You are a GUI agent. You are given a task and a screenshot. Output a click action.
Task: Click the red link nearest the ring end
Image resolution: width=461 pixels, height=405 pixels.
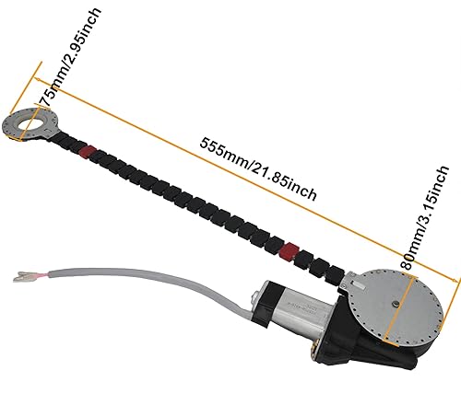click(x=87, y=151)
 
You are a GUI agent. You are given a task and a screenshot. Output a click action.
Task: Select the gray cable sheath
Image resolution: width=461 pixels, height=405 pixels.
click(x=138, y=276)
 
